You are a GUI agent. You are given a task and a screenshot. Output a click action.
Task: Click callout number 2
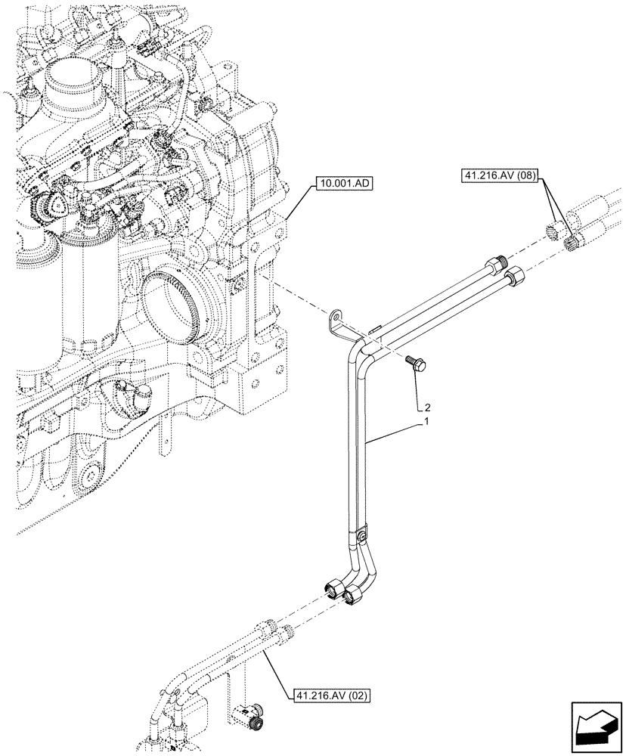click(x=429, y=407)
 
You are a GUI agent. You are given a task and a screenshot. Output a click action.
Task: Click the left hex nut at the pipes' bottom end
click(x=335, y=587)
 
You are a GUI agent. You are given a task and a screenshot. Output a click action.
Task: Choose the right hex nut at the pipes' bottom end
click(x=353, y=596)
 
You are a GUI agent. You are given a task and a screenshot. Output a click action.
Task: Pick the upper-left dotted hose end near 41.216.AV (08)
click(x=556, y=227)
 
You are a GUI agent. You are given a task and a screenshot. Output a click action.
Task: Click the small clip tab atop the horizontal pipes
click(x=375, y=329)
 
